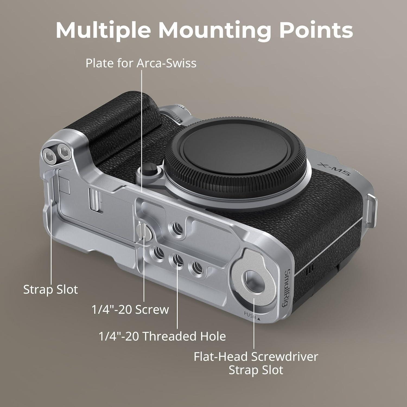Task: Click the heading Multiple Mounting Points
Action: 204,30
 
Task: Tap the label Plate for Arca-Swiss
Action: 141,63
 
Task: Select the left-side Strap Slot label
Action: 50,290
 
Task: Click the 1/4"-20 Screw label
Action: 130,309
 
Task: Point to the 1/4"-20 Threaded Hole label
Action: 162,336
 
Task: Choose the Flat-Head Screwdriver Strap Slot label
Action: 256,363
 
